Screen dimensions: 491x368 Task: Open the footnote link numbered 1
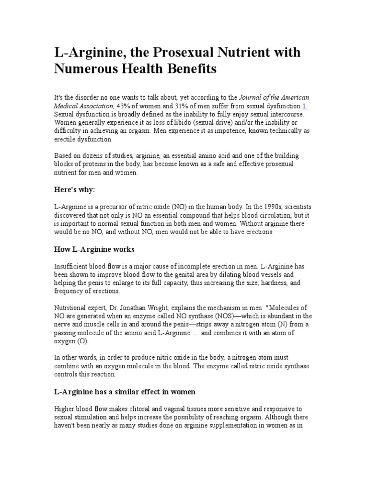pyautogui.click(x=305, y=106)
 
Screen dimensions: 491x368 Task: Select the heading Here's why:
pyautogui.click(x=75, y=189)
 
